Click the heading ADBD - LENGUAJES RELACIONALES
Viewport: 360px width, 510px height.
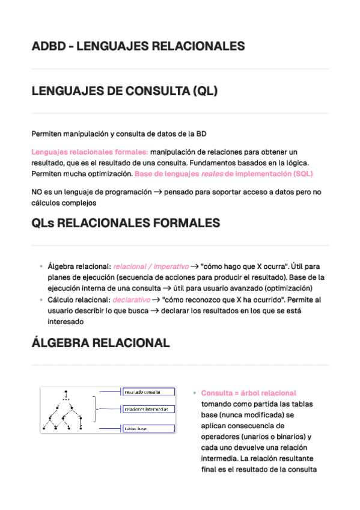click(138, 46)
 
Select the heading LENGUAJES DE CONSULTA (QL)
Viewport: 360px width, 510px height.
click(124, 91)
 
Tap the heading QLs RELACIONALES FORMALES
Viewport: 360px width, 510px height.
click(126, 223)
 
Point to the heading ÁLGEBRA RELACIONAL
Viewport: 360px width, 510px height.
click(100, 343)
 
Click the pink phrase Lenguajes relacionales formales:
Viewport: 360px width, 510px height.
click(90, 152)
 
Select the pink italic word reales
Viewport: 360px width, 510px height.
click(212, 174)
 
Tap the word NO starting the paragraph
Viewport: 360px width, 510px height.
click(37, 192)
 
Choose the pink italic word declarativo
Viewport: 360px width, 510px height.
click(131, 300)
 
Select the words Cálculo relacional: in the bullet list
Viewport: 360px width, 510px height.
click(79, 300)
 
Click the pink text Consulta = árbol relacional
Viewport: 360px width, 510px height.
click(248, 393)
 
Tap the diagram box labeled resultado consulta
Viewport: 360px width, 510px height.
click(148, 392)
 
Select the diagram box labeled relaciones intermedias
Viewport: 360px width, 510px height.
click(148, 410)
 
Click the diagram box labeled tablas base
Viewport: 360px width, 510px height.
click(148, 429)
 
